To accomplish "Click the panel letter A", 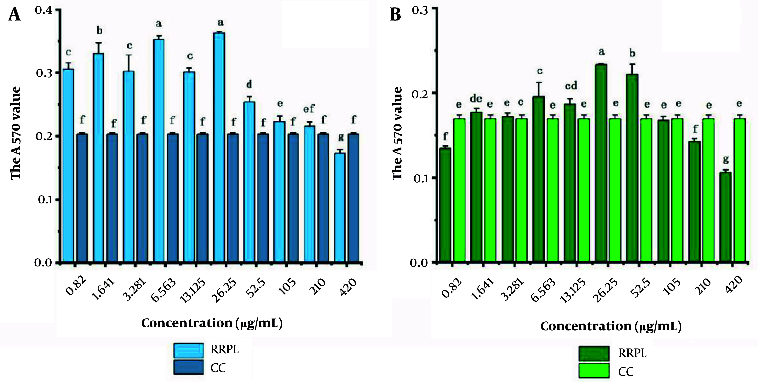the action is tap(14, 15).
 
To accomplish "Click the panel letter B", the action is tap(395, 15).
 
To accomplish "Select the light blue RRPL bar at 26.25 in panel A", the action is tap(219, 147).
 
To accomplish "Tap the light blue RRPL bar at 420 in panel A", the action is tap(340, 207).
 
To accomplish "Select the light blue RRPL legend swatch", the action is tap(188, 350).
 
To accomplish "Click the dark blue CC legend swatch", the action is tap(188, 367).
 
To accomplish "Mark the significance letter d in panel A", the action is tap(249, 85).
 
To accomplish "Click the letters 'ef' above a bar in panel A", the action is tap(309, 109).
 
